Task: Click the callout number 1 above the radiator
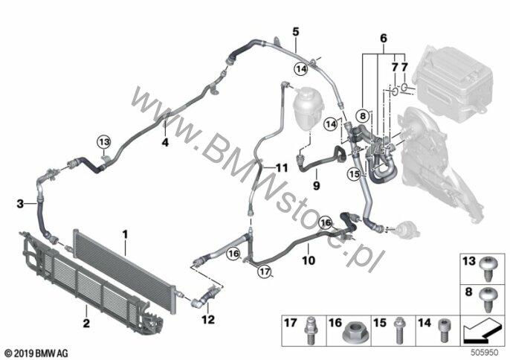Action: (126, 235)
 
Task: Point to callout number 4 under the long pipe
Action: (166, 141)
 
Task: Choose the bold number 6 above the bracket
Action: (384, 38)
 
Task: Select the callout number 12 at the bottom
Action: (209, 321)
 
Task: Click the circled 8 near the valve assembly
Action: (362, 115)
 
